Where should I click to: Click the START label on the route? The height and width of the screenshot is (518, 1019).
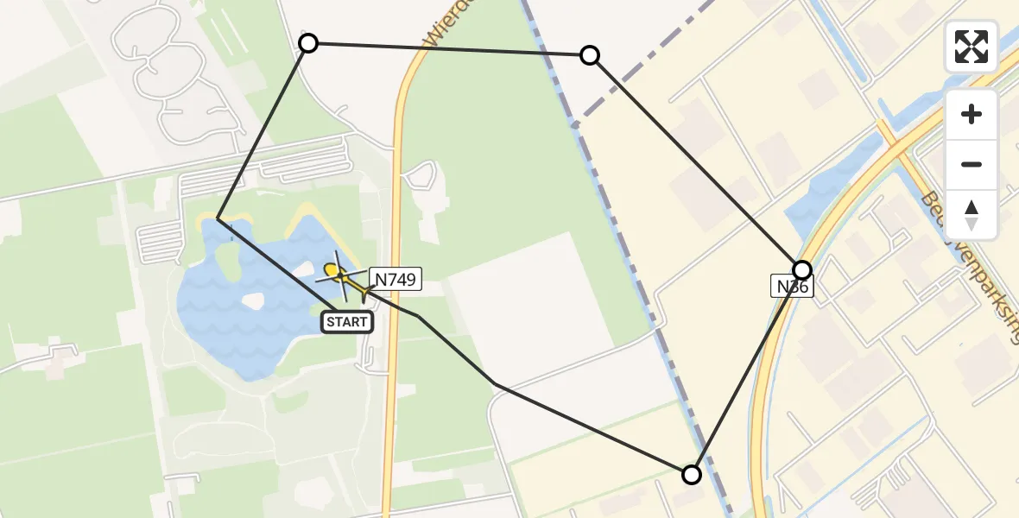(347, 323)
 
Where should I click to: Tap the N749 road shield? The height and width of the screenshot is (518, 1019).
(396, 279)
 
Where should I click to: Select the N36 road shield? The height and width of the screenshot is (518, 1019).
(791, 287)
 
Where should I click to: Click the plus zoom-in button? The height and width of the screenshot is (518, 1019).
(972, 114)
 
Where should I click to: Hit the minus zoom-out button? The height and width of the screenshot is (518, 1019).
(972, 164)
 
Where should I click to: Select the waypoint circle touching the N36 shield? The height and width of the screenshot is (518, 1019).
(802, 269)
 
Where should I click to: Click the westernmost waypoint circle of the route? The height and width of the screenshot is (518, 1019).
(308, 43)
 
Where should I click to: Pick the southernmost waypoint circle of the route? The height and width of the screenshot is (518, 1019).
(692, 474)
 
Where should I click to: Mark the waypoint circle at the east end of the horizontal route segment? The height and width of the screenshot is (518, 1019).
(590, 56)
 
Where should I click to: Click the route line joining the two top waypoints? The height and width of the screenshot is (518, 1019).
(449, 49)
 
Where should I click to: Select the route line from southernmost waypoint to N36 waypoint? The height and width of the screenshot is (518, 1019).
(747, 371)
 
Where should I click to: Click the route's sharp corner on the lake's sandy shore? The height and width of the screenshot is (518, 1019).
(218, 219)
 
